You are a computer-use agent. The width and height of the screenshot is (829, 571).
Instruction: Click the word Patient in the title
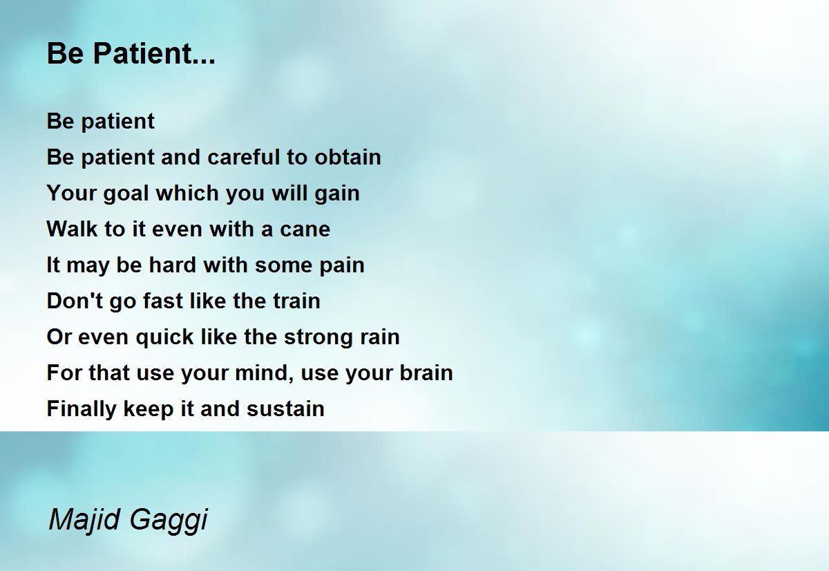coord(142,53)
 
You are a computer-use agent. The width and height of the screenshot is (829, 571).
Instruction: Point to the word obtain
coord(347,157)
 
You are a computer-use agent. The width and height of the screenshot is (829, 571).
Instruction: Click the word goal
coord(126,194)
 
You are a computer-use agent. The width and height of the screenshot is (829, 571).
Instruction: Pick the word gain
coord(337,194)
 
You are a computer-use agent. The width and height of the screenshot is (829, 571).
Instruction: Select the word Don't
coord(75,300)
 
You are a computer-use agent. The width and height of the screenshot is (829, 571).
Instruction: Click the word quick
coord(164,337)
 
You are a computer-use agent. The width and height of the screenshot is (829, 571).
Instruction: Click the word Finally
coord(82,409)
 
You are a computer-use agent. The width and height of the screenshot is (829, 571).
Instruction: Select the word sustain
coord(285,409)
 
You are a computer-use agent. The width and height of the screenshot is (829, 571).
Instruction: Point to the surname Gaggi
coord(169,521)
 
